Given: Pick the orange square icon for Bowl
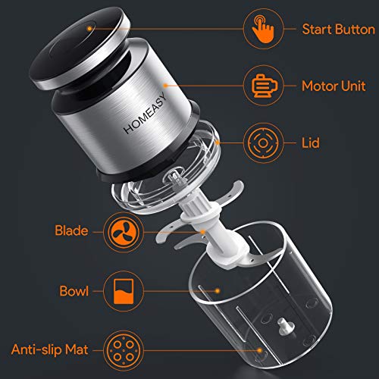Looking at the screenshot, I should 121,290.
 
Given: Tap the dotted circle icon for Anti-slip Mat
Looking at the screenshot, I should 121,349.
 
